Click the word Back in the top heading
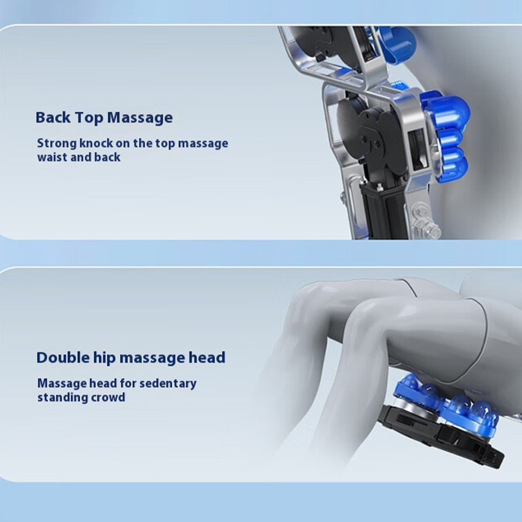[x=53, y=117]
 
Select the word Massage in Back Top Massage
[x=140, y=118]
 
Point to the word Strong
[x=57, y=143]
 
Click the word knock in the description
[x=96, y=143]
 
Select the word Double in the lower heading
[x=63, y=358]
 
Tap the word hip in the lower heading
[x=104, y=358]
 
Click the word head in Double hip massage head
[x=207, y=358]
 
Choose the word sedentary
[x=168, y=383]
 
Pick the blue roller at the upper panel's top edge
[x=398, y=43]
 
